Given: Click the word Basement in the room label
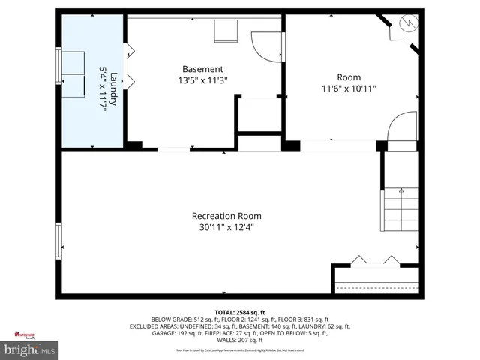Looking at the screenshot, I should click(202, 68).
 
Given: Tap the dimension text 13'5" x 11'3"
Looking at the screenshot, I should click(202, 79).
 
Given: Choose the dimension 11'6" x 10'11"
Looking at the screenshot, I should click(349, 88).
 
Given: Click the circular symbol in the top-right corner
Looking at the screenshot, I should click(409, 24).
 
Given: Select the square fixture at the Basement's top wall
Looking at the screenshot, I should click(226, 31).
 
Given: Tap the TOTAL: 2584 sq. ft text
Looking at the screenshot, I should click(239, 312).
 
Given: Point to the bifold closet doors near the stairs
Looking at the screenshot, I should click(376, 261).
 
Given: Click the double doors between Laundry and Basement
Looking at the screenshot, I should click(128, 64).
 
